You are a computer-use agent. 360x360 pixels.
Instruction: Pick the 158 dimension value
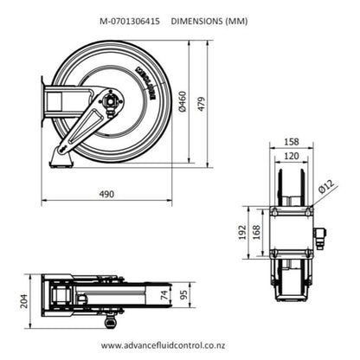click(x=291, y=142)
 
